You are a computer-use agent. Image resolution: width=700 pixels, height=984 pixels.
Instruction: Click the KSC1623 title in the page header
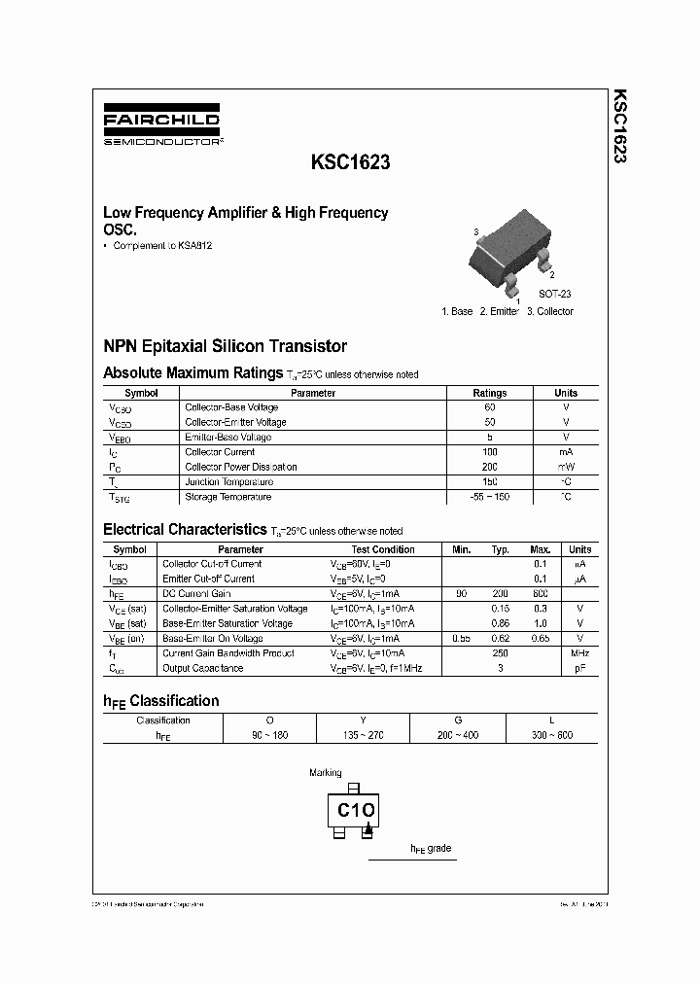(351, 163)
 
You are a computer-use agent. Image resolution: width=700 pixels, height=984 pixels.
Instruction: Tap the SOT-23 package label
(555, 294)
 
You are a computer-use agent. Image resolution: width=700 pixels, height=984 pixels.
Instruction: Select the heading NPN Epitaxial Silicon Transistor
(225, 346)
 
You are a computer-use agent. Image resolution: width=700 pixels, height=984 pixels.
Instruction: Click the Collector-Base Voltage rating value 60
(489, 407)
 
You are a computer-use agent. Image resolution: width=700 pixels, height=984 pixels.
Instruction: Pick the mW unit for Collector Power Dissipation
(566, 467)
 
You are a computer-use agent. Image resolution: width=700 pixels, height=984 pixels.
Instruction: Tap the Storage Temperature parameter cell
(228, 497)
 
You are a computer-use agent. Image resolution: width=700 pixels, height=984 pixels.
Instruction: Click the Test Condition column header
(382, 549)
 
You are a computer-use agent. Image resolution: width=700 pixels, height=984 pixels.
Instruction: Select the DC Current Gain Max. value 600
(541, 593)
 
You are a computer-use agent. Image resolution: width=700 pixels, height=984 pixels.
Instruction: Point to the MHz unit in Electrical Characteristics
(579, 653)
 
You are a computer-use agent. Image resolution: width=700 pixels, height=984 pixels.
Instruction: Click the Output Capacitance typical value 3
(500, 668)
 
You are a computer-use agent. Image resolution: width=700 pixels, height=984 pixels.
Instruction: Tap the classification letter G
(458, 720)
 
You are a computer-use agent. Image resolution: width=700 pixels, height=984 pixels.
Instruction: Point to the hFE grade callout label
(431, 849)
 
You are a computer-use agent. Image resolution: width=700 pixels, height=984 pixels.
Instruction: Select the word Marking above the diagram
(326, 773)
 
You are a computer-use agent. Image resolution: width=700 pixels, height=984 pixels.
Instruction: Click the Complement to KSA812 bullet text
(162, 246)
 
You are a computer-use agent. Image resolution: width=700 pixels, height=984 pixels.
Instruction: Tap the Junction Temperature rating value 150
(489, 482)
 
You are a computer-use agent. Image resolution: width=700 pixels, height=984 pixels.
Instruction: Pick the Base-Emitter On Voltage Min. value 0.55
(461, 638)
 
